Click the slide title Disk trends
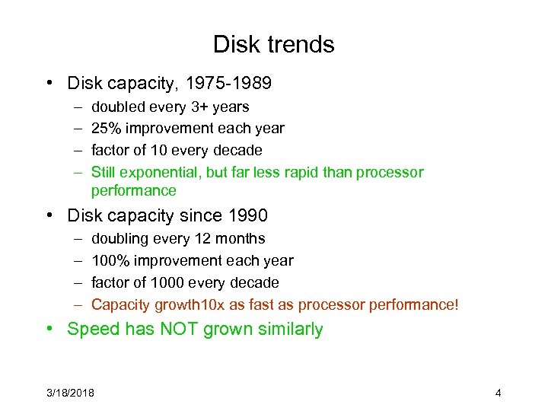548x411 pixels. coord(273,44)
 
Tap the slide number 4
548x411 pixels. coord(498,393)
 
